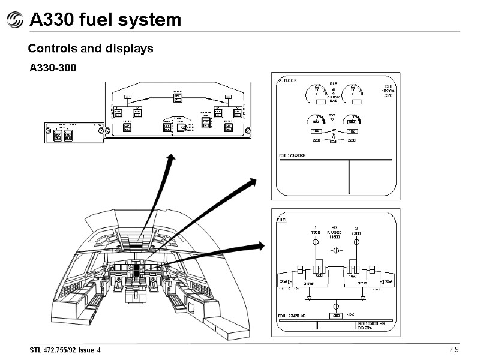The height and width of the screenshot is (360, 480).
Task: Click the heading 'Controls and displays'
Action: (x=91, y=49)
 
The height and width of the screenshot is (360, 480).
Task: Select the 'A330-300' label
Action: (x=53, y=68)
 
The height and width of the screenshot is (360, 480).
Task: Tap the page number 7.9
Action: (x=454, y=350)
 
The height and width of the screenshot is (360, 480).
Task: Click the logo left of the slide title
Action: (x=14, y=21)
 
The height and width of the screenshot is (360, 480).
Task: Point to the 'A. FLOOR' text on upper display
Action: (x=288, y=80)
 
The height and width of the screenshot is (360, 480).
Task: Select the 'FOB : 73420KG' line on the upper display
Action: (x=293, y=156)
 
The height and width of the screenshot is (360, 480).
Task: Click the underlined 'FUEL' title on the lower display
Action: (x=282, y=221)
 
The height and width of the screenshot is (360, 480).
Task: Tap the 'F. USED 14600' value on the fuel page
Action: (x=334, y=235)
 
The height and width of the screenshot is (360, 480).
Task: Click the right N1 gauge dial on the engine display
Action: (x=352, y=93)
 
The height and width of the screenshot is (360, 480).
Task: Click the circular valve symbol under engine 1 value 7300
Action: (x=315, y=243)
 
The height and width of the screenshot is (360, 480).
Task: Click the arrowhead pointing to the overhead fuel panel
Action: (x=172, y=157)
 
